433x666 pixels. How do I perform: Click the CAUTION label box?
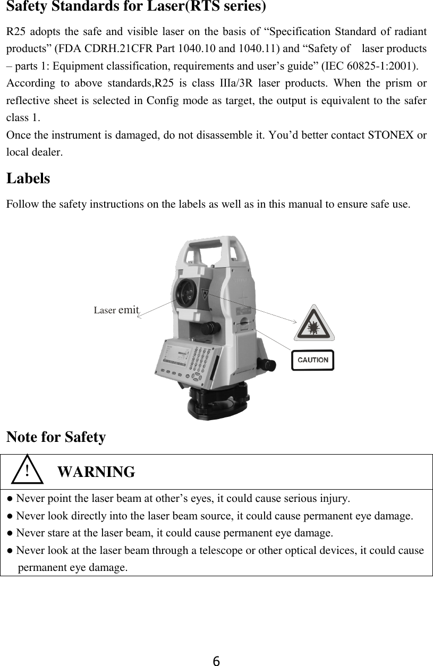coord(312,360)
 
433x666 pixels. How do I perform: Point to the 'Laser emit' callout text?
coord(116,310)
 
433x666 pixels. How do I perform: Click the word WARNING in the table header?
coord(96,472)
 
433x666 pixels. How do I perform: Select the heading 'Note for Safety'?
coord(56,438)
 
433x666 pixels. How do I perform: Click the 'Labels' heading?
coord(28,178)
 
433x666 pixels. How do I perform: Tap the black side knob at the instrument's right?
coord(267,364)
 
